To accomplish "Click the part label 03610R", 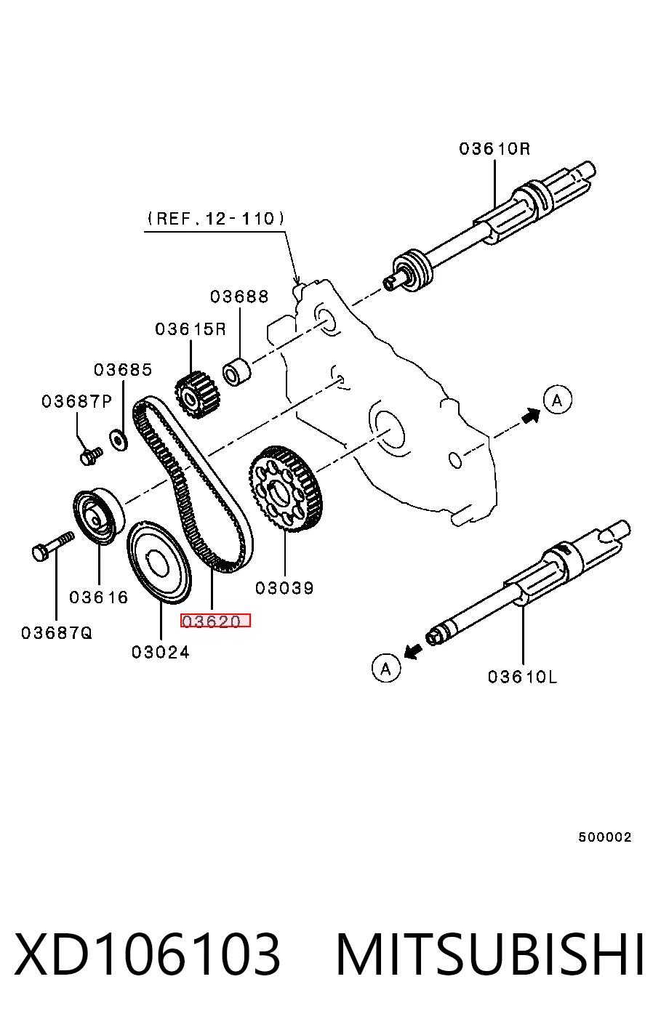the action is (x=494, y=149).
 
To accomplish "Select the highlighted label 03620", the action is (x=215, y=621).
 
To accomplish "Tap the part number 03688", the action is (x=239, y=297).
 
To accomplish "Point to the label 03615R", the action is (x=191, y=329).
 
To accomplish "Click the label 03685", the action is (x=123, y=370).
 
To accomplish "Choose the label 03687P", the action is (x=77, y=401).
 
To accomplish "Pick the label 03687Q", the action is (x=57, y=633).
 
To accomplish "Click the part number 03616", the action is (x=98, y=597).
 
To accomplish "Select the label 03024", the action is (x=161, y=653).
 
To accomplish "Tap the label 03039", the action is (x=284, y=588).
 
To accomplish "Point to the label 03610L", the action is (x=522, y=677).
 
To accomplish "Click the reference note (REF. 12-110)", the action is (x=216, y=219).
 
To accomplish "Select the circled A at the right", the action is (x=558, y=400).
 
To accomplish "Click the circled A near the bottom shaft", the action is (x=386, y=668).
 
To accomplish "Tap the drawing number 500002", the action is (x=604, y=837).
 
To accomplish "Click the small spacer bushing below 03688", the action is (x=236, y=371).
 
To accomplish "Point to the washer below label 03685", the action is (x=119, y=440).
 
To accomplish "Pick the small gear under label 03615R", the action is (x=197, y=395).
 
